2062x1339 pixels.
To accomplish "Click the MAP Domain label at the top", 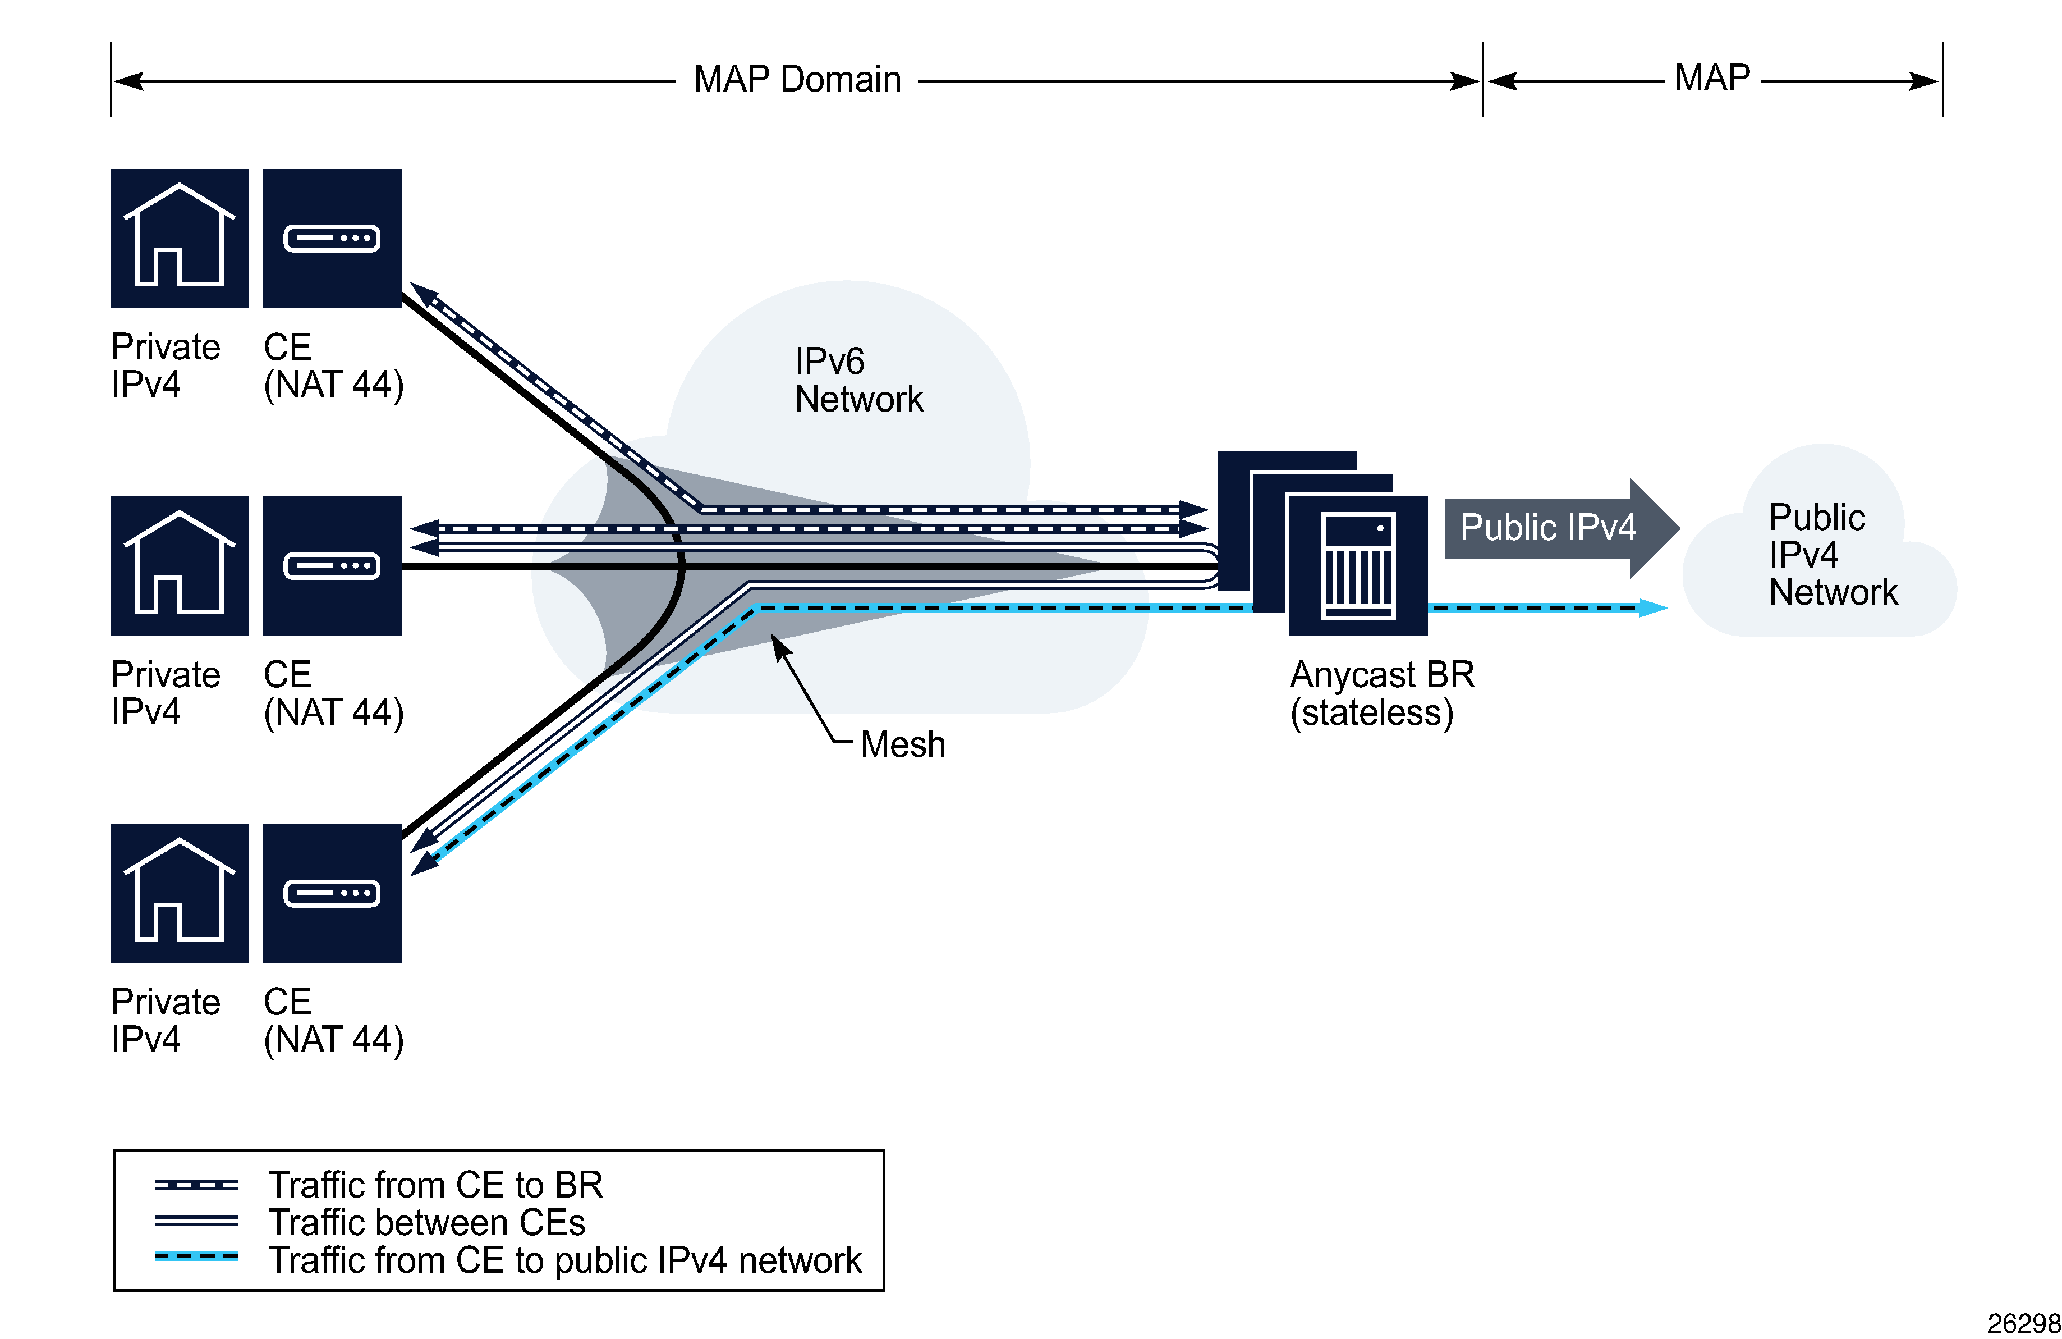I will [797, 80].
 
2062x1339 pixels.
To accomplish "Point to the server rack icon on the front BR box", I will [1358, 566].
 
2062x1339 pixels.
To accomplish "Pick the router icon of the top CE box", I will [332, 239].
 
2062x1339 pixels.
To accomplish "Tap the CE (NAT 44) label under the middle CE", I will [333, 693].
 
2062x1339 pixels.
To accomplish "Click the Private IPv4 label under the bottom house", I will [164, 1020].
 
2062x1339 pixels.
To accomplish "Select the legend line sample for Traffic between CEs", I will [196, 1221].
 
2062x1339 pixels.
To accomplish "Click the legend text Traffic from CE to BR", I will [435, 1184].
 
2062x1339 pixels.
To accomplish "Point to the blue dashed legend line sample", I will [196, 1256].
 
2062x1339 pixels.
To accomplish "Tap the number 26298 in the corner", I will [2023, 1323].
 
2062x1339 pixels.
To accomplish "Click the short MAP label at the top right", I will [1711, 78].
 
